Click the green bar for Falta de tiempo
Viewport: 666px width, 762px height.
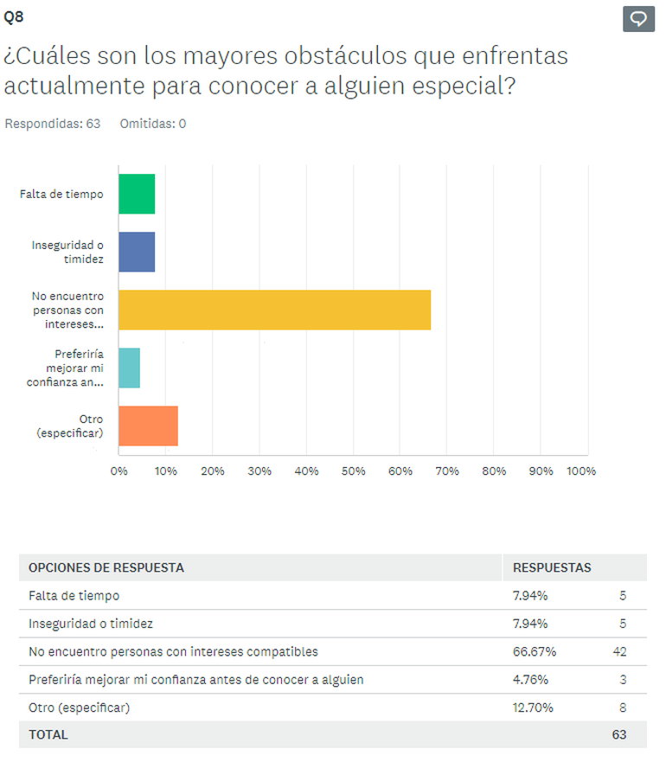(137, 194)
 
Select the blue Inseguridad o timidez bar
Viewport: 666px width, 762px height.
(137, 252)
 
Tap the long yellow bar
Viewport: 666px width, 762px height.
(274, 310)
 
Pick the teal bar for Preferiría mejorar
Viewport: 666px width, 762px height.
(129, 368)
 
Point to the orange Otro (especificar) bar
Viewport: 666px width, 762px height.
(148, 426)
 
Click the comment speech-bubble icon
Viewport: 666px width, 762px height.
(638, 18)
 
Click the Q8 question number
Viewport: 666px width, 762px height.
(14, 16)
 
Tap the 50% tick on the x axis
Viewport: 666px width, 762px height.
(353, 471)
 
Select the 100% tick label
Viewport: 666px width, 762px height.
(580, 471)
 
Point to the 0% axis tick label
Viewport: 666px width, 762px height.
(118, 471)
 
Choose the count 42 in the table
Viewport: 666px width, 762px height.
(618, 651)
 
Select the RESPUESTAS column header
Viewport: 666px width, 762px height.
(552, 567)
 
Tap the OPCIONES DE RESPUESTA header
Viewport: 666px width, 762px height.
(106, 567)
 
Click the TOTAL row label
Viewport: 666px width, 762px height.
(48, 734)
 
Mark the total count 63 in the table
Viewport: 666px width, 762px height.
(618, 734)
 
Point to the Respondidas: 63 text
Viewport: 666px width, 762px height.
(53, 124)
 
